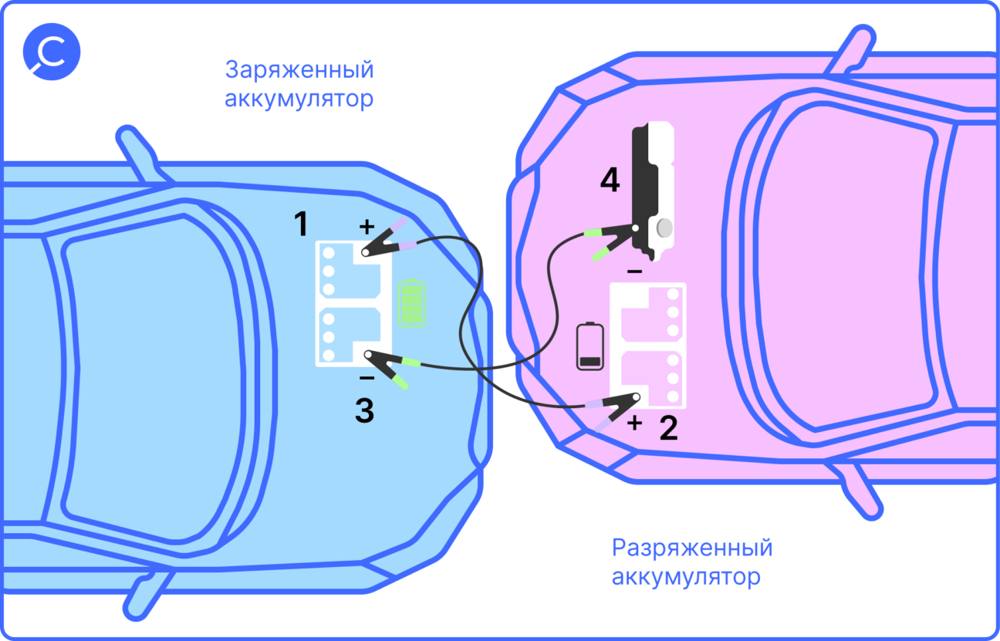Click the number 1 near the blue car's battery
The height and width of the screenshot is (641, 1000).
[301, 224]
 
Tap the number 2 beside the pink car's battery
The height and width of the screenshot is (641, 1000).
[668, 427]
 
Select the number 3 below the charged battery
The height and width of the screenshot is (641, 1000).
[364, 411]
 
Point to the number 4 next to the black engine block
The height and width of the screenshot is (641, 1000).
[610, 180]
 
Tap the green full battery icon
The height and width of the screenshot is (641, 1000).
[411, 303]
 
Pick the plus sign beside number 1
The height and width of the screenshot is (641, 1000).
[367, 227]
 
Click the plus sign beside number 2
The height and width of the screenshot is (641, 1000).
[634, 423]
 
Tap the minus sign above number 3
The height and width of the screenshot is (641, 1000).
[367, 378]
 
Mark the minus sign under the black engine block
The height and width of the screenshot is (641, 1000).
[633, 272]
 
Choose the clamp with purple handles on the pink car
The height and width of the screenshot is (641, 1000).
[614, 408]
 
